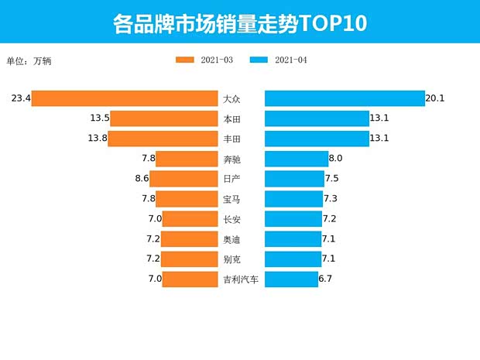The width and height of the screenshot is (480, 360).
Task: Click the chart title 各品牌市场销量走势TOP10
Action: coord(239,22)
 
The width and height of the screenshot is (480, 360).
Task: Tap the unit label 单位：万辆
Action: coord(29,60)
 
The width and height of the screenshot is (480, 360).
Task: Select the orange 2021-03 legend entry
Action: coord(204,60)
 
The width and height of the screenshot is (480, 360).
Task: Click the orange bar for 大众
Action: coord(125,98)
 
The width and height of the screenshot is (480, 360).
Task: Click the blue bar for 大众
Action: coord(344,98)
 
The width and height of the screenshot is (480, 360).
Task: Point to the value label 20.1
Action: coord(435,98)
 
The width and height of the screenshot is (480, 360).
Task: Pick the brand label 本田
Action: coord(231,118)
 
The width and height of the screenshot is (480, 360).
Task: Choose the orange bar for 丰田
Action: coord(163,139)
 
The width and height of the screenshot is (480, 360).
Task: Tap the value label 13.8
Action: coord(98,139)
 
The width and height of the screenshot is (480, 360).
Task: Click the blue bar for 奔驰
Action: coord(296,159)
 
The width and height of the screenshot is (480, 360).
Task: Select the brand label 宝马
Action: coord(231,199)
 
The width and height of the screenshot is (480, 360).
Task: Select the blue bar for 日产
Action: coord(293,179)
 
